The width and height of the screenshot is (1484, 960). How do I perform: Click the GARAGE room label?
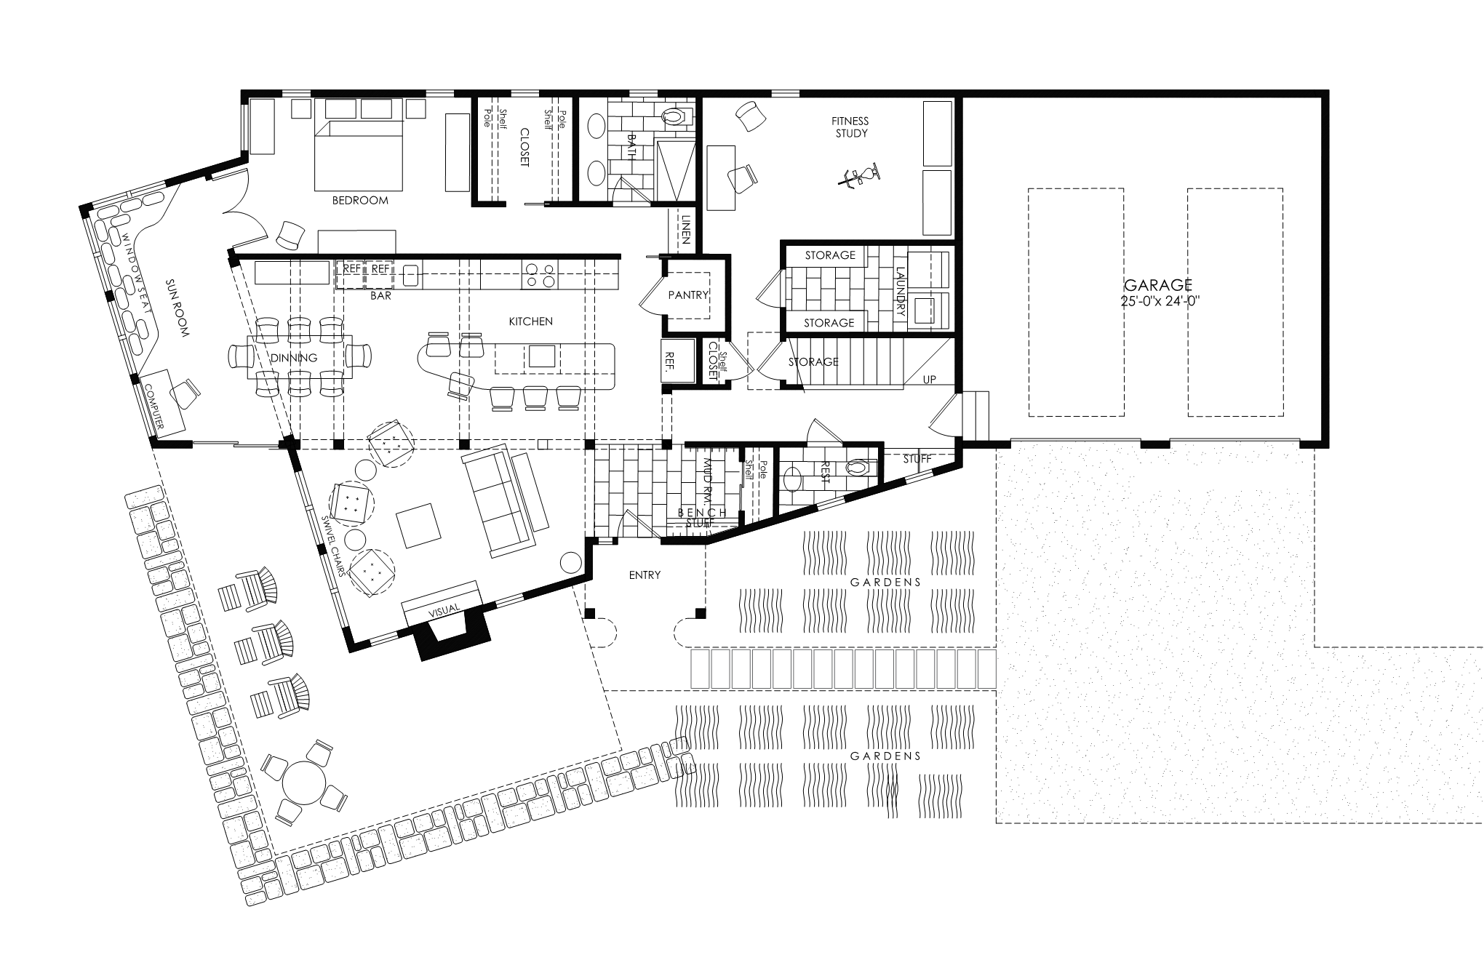pyautogui.click(x=1158, y=284)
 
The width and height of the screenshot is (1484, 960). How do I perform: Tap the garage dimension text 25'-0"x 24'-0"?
pyautogui.click(x=1159, y=301)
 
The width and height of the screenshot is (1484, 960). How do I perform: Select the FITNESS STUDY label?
pyautogui.click(x=851, y=127)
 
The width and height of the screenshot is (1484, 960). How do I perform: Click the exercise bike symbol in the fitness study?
pyautogui.click(x=861, y=177)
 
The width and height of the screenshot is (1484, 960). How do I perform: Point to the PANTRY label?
pyautogui.click(x=687, y=295)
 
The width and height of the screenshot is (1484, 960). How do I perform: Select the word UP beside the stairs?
pyautogui.click(x=929, y=380)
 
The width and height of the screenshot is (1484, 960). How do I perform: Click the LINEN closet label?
pyautogui.click(x=686, y=228)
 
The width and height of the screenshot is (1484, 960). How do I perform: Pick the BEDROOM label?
pyautogui.click(x=360, y=200)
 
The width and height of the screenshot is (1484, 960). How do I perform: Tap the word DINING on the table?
pyautogui.click(x=294, y=358)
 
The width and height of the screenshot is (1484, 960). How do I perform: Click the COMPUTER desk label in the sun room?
pyautogui.click(x=155, y=405)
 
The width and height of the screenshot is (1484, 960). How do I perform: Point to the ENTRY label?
pyautogui.click(x=645, y=575)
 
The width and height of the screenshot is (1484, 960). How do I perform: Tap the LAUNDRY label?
pyautogui.click(x=899, y=293)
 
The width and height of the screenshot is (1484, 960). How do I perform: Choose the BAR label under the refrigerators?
pyautogui.click(x=380, y=296)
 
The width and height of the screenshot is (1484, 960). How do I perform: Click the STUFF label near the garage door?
pyautogui.click(x=917, y=459)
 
